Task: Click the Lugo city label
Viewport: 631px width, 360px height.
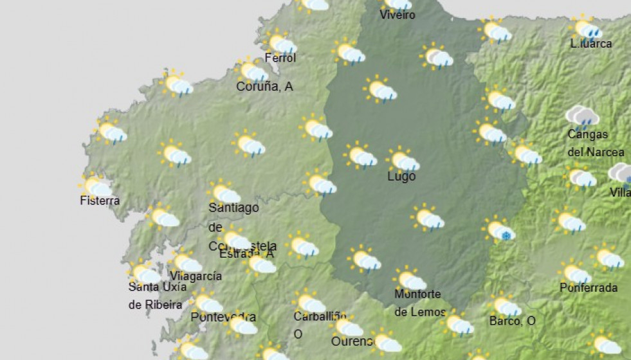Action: pos(401,176)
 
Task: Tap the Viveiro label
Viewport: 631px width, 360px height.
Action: pos(398,15)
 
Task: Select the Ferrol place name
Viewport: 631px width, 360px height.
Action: pos(280,58)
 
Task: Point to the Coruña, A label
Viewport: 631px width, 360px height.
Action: pos(264,86)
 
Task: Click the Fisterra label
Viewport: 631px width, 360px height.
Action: pos(100,201)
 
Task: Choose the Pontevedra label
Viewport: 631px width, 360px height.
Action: pos(223,317)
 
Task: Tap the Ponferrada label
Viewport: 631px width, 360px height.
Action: pos(589,287)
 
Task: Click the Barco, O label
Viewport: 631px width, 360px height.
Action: pos(512,321)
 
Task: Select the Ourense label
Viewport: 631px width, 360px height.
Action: pos(352,341)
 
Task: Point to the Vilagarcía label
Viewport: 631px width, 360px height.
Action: pos(196,276)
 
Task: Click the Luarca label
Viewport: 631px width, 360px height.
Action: pos(591,44)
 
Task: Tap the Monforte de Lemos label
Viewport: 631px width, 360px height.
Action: pos(419,303)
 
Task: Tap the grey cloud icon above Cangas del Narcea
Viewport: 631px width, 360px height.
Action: pos(581,116)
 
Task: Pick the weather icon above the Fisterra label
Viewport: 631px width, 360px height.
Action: pos(96,186)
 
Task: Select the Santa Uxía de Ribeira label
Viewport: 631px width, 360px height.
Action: pos(158,295)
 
